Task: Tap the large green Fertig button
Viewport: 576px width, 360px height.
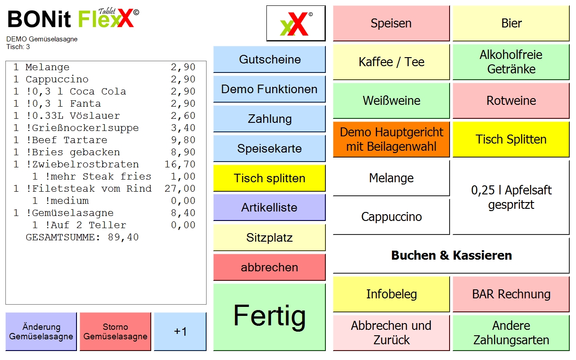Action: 269,317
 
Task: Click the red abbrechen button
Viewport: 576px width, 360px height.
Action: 269,267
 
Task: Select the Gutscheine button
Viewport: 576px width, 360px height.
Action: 269,59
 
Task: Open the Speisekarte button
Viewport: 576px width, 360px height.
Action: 269,148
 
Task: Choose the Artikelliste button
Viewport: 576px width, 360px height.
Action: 269,207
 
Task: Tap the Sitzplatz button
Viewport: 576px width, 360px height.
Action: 269,237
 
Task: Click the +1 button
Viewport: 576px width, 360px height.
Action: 180,332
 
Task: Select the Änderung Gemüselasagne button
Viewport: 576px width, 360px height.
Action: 41,332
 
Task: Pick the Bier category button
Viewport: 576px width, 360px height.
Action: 511,23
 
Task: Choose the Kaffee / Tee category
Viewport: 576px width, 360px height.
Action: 391,62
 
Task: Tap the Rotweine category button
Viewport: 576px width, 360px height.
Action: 511,100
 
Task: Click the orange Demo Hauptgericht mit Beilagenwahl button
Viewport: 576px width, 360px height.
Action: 391,139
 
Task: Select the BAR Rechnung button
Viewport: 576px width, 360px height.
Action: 511,294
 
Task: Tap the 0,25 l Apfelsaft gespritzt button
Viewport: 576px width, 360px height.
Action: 511,198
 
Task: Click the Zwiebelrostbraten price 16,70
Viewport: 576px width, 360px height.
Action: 180,164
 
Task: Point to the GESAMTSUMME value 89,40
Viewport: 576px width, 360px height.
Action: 123,237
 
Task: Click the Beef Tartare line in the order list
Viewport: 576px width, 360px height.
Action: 104,140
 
